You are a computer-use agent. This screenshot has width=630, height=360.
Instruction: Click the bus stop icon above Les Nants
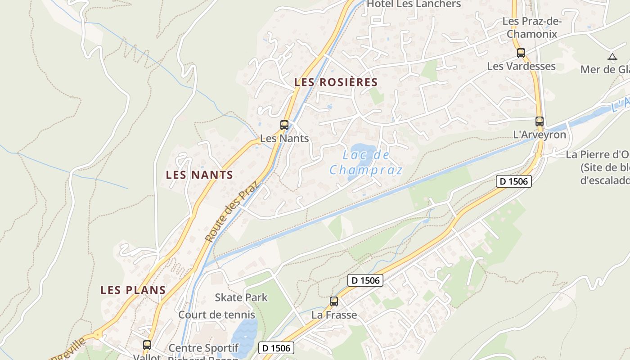[x=284, y=125]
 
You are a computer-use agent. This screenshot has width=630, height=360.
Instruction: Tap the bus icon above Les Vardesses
[x=521, y=53]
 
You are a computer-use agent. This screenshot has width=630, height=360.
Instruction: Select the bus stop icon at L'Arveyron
[x=540, y=121]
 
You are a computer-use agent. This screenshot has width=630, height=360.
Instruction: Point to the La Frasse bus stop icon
[x=334, y=301]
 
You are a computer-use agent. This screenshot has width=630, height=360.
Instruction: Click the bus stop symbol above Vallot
[x=147, y=345]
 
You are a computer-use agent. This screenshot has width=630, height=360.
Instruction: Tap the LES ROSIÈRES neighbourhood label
[x=336, y=82]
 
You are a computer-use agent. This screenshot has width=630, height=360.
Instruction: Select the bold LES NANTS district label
[x=199, y=175]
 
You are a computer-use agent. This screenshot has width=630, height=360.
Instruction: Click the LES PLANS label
[x=133, y=290]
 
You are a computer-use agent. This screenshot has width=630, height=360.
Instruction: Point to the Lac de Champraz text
[x=366, y=162]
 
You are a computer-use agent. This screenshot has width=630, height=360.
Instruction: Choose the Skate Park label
[x=241, y=297]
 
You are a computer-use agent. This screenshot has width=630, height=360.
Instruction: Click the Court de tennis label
[x=217, y=315]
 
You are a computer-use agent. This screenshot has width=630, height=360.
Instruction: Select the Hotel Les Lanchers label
[x=414, y=4]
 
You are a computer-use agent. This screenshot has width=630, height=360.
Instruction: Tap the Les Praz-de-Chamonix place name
[x=535, y=27]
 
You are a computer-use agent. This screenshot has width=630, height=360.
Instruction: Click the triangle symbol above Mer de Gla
[x=612, y=57]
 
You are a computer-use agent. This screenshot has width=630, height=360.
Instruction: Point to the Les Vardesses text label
[x=522, y=66]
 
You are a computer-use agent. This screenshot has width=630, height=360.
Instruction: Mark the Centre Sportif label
[x=203, y=348]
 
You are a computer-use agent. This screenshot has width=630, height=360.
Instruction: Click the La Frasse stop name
[x=334, y=315]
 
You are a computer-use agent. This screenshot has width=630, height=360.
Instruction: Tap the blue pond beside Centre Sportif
[x=244, y=337]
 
